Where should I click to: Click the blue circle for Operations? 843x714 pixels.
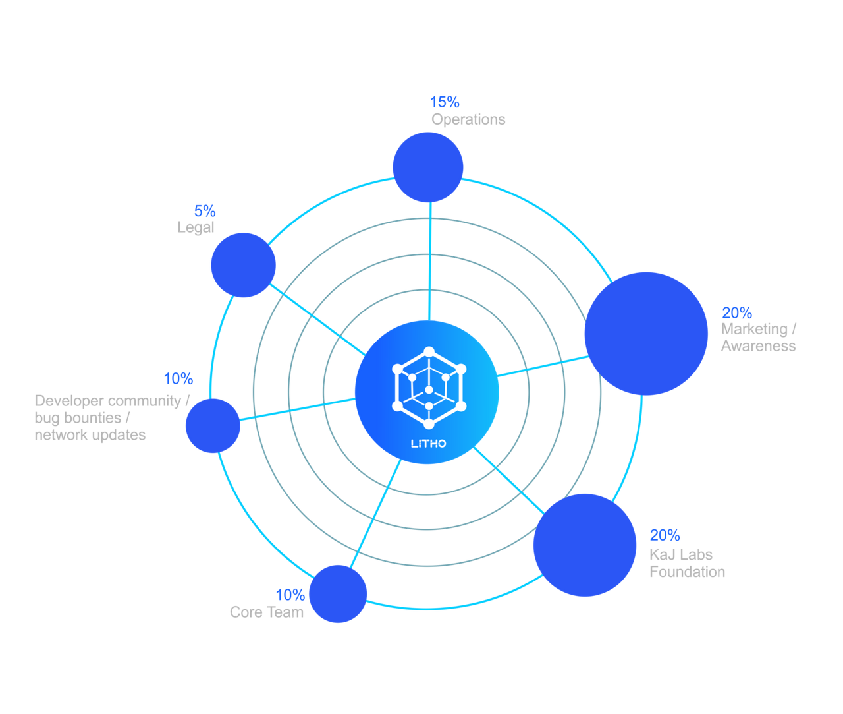[x=428, y=167]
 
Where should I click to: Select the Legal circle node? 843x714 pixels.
[x=243, y=265]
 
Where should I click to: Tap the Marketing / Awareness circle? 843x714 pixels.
[x=646, y=334]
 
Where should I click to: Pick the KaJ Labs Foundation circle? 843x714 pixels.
[x=584, y=545]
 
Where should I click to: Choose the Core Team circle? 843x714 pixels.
[x=338, y=593]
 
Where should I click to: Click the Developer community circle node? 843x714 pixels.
[x=213, y=425]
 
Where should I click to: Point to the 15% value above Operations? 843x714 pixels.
[x=445, y=102]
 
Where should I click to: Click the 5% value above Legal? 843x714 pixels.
[x=205, y=211]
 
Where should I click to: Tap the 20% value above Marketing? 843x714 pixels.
[x=736, y=312]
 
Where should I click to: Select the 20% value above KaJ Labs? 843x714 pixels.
[x=665, y=535]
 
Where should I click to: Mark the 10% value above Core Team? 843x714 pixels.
[x=290, y=595]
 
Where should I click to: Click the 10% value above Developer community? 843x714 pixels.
[x=178, y=378]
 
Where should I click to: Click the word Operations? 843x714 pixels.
[x=468, y=119]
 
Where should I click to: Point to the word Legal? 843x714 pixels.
[x=196, y=227]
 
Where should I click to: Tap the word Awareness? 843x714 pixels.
[x=758, y=346]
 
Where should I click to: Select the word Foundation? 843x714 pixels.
[x=687, y=572]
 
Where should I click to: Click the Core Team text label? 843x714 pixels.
[x=267, y=612]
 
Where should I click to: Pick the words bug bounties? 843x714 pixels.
[x=78, y=417]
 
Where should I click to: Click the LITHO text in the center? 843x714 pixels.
[x=428, y=443]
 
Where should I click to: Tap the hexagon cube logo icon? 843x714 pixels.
[x=429, y=388]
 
